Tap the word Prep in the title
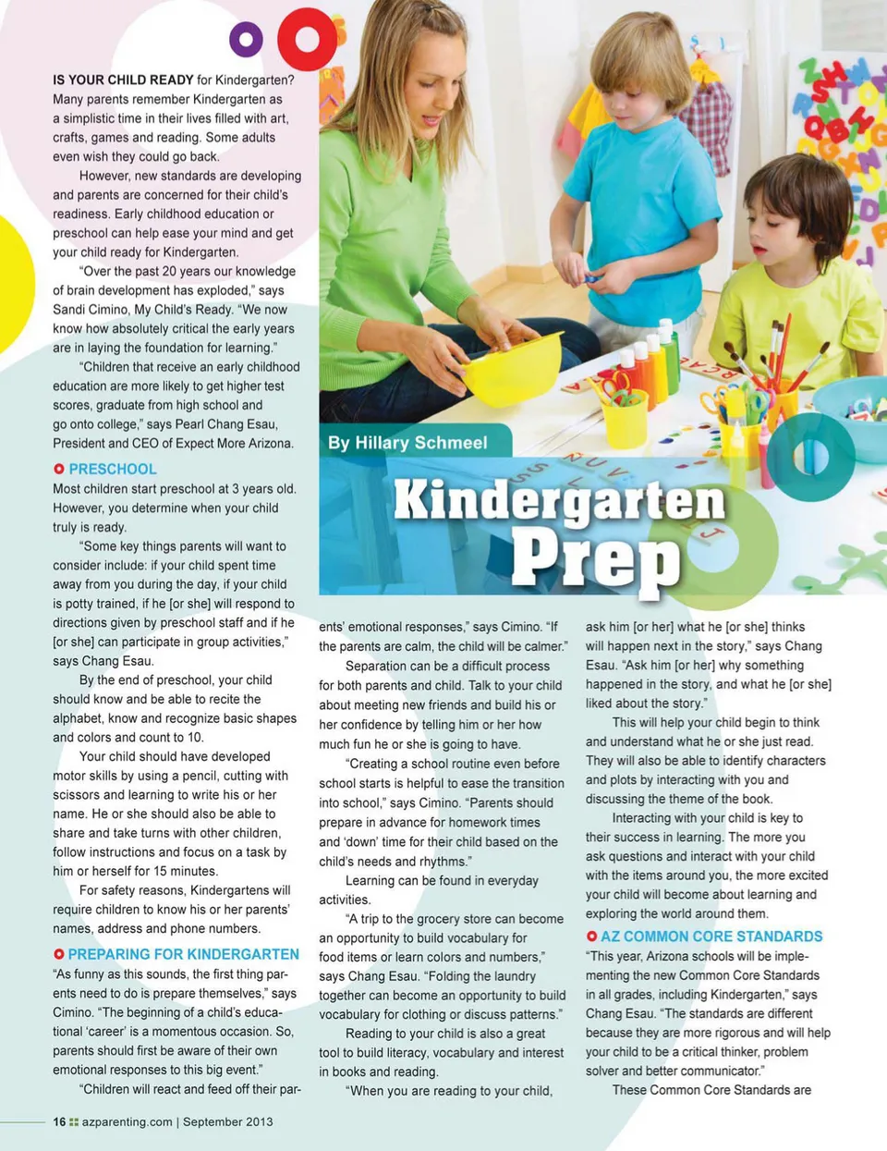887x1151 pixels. click(596, 558)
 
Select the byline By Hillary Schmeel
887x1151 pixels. click(407, 443)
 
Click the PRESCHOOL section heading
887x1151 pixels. click(113, 469)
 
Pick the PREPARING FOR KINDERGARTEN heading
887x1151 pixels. click(183, 954)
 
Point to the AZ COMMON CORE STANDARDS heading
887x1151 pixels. click(711, 937)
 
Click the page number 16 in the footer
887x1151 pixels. click(59, 1122)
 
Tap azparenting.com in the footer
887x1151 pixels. click(127, 1122)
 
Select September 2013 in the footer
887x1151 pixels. click(227, 1122)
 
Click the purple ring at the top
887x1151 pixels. click(246, 40)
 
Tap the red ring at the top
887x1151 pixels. click(307, 39)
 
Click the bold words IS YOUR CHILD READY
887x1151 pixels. click(123, 80)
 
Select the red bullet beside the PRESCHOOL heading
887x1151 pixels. click(59, 470)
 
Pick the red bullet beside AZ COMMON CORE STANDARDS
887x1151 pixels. click(592, 937)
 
